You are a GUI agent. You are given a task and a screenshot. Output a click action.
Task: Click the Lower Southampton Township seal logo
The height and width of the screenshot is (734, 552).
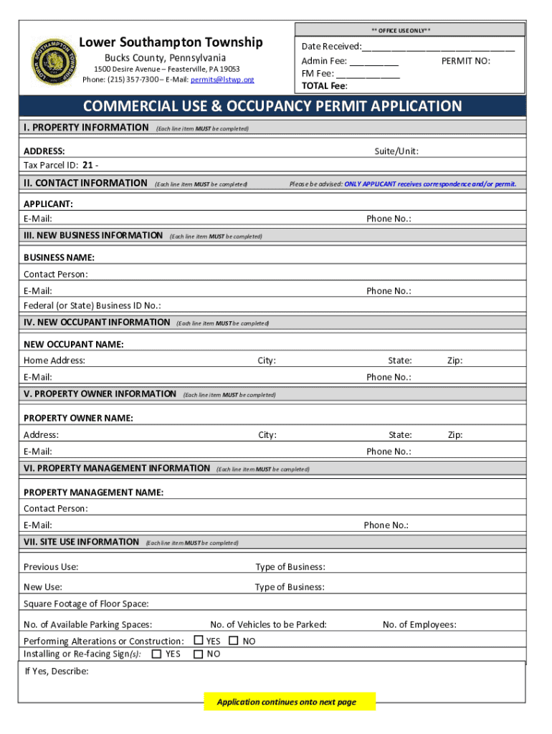[54, 61]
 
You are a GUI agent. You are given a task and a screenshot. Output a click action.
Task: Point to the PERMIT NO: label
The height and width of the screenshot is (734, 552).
[465, 62]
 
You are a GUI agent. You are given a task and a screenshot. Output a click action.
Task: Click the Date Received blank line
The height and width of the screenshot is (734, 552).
[438, 47]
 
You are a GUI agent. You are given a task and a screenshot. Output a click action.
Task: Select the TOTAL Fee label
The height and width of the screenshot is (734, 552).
[324, 85]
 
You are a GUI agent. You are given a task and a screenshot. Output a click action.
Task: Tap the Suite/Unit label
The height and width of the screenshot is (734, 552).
[396, 151]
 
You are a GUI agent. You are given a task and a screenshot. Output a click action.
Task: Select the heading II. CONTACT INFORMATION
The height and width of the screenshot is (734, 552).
[85, 183]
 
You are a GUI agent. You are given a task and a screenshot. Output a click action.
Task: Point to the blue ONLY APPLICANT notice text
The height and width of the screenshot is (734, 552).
[429, 184]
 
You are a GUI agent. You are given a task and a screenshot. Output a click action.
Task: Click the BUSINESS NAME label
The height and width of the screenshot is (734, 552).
[59, 257]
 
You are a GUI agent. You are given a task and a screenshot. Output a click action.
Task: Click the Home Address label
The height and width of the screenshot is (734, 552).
[54, 361]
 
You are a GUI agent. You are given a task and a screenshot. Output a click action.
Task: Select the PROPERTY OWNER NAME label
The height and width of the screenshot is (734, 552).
[78, 418]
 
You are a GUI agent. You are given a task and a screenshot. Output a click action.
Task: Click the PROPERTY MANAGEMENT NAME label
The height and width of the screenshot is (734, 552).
[93, 492]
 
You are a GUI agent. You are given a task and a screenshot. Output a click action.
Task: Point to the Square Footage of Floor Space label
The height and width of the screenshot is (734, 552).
[86, 604]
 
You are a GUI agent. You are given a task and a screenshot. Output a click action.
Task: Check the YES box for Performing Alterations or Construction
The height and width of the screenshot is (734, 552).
[199, 640]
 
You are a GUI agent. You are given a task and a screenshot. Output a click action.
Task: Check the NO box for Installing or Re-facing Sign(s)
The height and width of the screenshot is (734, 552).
[199, 654]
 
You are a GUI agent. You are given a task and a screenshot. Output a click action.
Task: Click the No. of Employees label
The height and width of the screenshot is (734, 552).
[419, 625]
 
